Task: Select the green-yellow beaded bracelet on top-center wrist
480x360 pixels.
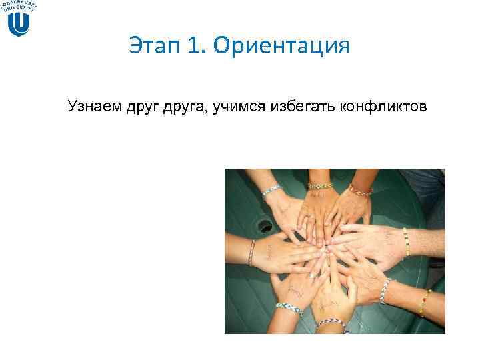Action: tap(320, 185)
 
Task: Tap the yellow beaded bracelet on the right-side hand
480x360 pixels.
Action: tap(405, 241)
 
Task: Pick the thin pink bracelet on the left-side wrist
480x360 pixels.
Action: tap(252, 252)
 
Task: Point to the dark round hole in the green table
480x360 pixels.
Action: tap(265, 225)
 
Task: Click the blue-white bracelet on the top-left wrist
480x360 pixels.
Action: tap(272, 191)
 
